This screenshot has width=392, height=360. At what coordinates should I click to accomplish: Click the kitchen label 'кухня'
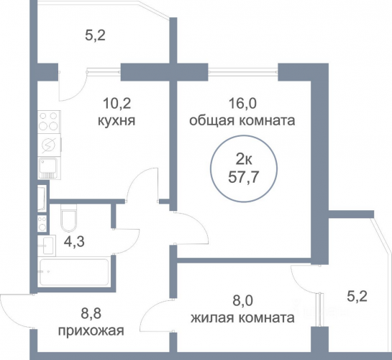point(117,121)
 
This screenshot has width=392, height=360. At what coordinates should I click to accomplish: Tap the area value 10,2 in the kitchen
point(117,104)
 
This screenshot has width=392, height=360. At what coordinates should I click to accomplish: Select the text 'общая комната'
point(242,120)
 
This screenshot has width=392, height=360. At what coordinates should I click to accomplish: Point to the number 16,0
point(242,104)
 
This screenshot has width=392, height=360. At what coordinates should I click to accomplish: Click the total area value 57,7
point(243,178)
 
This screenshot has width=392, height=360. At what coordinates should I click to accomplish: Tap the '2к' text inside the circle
point(244,160)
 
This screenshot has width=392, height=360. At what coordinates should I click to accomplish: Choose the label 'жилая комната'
point(242,318)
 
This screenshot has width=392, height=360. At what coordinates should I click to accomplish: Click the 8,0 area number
point(243,301)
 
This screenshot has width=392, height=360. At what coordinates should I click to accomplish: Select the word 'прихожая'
point(91,331)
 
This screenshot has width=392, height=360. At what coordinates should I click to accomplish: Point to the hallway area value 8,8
point(91,314)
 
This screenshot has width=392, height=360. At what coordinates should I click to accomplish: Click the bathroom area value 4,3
point(74,242)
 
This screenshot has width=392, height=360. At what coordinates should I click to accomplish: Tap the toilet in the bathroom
point(68,217)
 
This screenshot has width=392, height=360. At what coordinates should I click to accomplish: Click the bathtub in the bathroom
point(74,272)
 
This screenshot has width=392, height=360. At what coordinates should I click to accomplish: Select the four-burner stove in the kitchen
point(49,122)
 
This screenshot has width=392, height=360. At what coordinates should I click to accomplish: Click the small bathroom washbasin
point(47,246)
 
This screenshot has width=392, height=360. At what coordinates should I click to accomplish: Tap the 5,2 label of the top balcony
point(95,35)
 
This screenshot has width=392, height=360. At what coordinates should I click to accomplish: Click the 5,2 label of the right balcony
point(357,297)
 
